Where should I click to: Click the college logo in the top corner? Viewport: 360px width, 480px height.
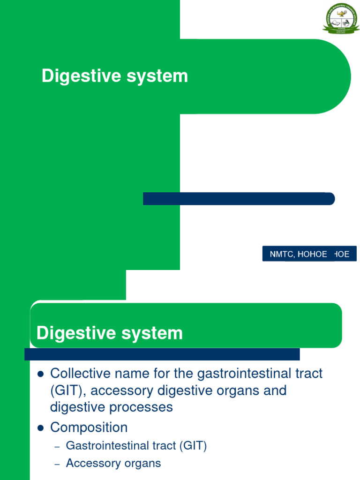(x=340, y=19)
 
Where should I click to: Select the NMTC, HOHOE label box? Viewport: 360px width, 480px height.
(x=309, y=254)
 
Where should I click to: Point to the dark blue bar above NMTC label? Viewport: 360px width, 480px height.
(x=239, y=199)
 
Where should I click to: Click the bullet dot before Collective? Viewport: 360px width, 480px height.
(x=40, y=374)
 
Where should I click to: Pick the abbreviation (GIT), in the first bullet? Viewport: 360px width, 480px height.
(x=67, y=390)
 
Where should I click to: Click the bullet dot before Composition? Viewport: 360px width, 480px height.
(x=40, y=428)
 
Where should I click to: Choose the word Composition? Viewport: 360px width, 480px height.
(x=89, y=427)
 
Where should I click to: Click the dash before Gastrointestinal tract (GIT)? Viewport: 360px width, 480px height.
(x=57, y=447)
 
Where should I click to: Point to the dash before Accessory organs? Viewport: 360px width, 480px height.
(x=57, y=464)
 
